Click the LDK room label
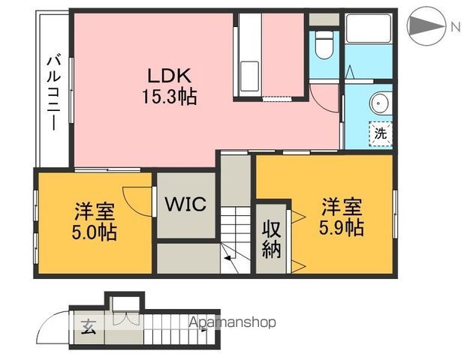pos(169,76)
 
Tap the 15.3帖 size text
pos(170,96)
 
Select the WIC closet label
pos(185,204)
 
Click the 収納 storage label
pos(272,240)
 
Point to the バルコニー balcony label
pos(54,94)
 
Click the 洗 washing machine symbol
pos(380,133)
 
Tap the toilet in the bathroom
pos(324,45)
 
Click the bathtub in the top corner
pos(369,28)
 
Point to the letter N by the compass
pos(456,28)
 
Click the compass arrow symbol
pos(426,26)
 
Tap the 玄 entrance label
pos(89,326)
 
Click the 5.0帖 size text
pos(94,232)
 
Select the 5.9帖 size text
pos(341,227)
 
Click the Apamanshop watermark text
pos(232,322)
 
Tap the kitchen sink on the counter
pos(249,76)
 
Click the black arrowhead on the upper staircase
pos(228,258)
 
